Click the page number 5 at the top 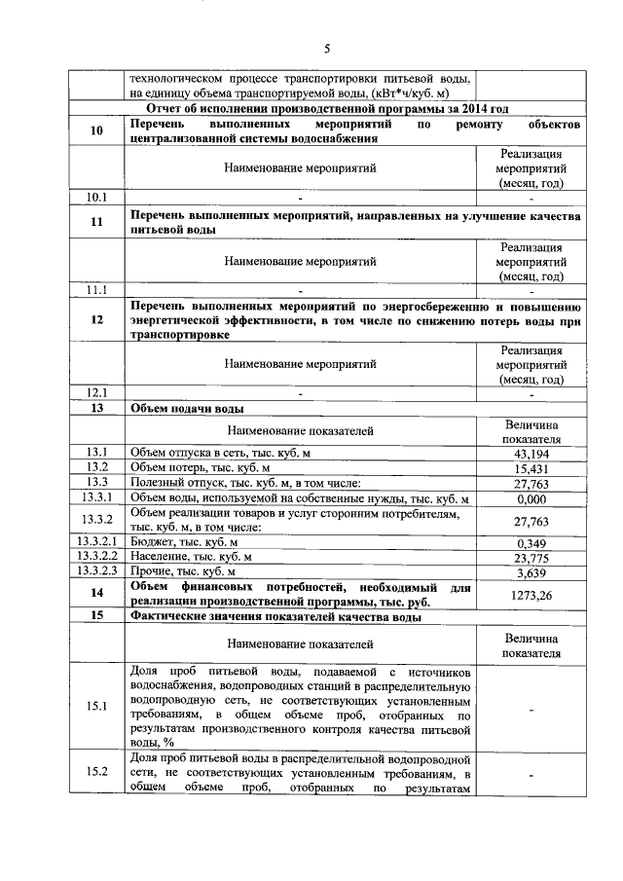[x=327, y=48]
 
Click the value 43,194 [x=531, y=453]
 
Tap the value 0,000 [x=531, y=498]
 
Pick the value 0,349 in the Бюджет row [x=531, y=542]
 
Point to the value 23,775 [x=531, y=557]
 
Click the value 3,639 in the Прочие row [x=531, y=572]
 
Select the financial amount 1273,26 [x=531, y=595]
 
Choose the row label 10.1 [x=96, y=198]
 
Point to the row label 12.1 [x=96, y=392]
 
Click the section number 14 [x=96, y=594]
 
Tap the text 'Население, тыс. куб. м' [x=191, y=557]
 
